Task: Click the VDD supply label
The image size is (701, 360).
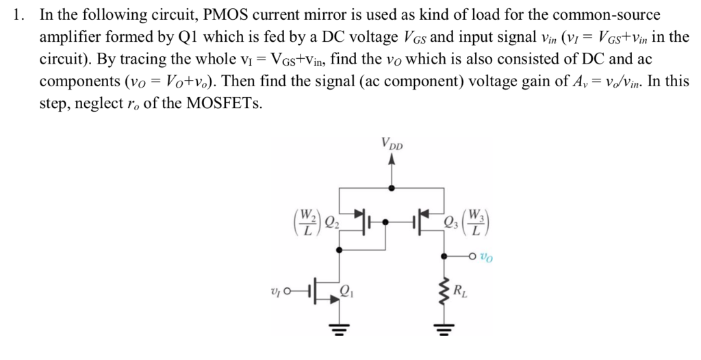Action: [392, 145]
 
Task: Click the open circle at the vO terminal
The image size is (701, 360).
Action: [472, 257]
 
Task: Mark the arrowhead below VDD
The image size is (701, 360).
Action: [392, 162]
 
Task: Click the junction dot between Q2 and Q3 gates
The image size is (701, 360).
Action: [387, 221]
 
